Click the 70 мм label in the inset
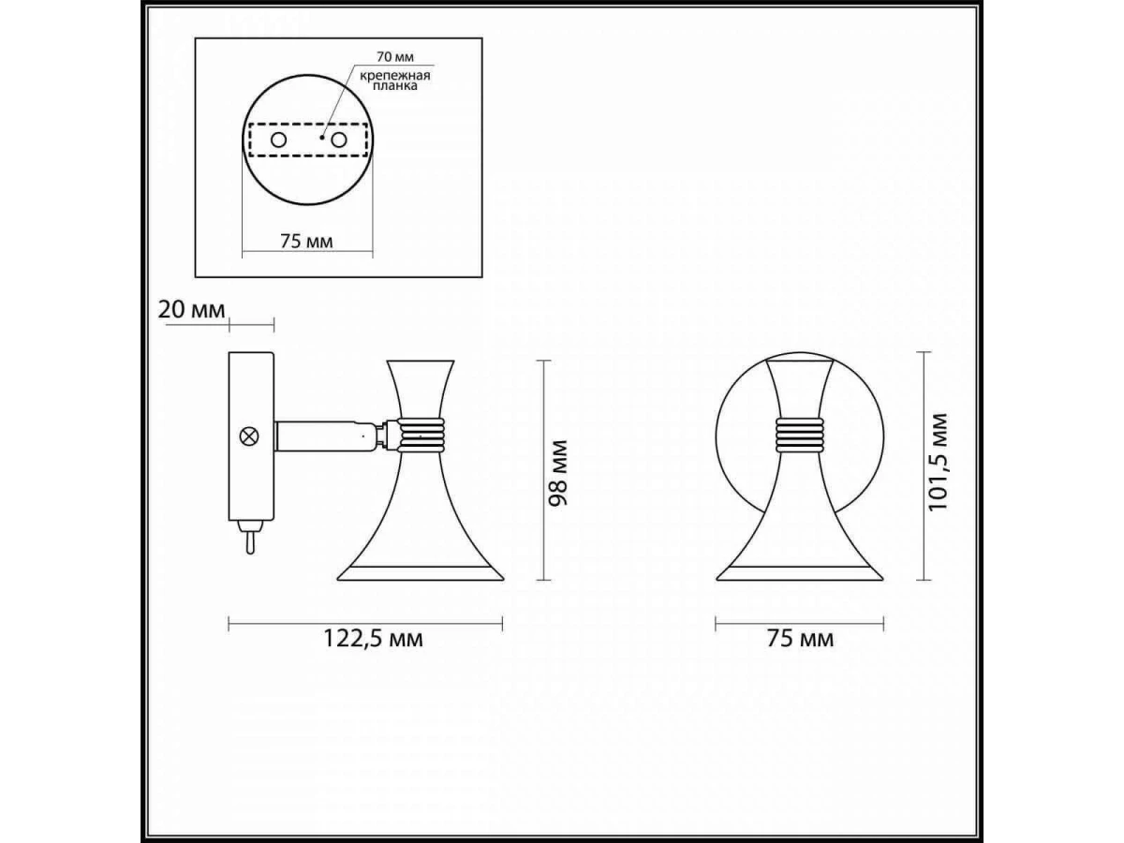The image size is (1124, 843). (x=395, y=56)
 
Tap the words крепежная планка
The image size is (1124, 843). (x=395, y=81)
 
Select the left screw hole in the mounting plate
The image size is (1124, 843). (x=278, y=140)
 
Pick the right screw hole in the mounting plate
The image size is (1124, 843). (x=339, y=140)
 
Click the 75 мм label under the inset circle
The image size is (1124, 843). (x=306, y=241)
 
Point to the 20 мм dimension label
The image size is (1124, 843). (x=191, y=310)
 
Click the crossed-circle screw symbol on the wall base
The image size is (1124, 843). (x=249, y=436)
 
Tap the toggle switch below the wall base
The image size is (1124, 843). (x=250, y=537)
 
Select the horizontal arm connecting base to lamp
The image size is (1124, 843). (x=328, y=436)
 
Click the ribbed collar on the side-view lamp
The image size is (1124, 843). (x=421, y=435)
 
